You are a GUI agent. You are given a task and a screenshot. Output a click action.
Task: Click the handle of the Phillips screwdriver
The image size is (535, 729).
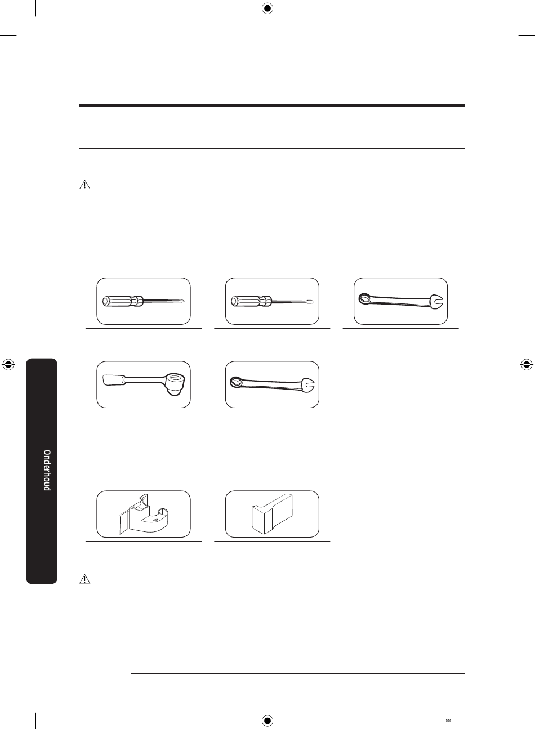(122, 301)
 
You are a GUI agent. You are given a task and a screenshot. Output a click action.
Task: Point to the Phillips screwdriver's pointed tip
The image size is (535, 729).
(184, 301)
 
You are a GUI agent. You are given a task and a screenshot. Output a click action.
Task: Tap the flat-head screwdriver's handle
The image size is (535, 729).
(251, 301)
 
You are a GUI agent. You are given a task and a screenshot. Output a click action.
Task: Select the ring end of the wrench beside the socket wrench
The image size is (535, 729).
(236, 382)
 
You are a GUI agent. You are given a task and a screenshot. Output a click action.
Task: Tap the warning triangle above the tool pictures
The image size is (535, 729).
(84, 185)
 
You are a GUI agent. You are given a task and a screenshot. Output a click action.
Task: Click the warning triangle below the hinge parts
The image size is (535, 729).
(84, 579)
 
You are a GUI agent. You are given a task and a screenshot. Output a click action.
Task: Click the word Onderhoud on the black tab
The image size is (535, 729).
(47, 470)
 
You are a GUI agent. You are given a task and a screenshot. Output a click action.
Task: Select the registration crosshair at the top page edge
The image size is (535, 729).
(267, 9)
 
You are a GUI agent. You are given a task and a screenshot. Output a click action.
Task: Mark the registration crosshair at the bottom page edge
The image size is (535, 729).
(267, 721)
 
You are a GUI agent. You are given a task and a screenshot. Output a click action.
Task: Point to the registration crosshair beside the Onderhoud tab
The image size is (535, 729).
(9, 365)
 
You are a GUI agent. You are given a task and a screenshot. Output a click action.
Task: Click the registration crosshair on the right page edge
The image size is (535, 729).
(526, 365)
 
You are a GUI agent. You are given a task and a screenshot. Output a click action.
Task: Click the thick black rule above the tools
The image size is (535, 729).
(272, 105)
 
